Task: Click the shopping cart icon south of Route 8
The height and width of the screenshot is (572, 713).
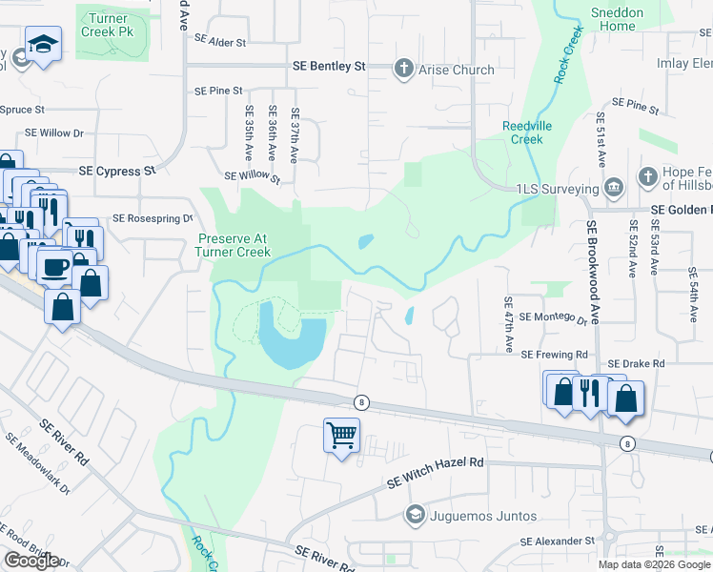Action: pos(341,435)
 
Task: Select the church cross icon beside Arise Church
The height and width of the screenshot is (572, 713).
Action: pos(403,69)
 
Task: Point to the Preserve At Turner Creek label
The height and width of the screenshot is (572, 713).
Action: pos(234,245)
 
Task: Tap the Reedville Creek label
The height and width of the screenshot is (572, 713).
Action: pos(522,133)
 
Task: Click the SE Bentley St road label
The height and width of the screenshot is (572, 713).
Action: pos(328,67)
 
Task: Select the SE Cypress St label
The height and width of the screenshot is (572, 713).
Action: pos(116,171)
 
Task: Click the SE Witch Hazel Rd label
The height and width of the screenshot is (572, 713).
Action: pos(436,473)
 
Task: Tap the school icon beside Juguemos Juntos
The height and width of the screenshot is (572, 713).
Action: pos(415,516)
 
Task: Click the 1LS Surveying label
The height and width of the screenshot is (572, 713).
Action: pos(555,188)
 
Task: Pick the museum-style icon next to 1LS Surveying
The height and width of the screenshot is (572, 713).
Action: pos(615,186)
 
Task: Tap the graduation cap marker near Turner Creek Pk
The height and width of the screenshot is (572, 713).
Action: pos(43,46)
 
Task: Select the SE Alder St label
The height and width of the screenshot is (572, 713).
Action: pos(219,42)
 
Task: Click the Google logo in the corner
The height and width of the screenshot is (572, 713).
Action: pos(31,561)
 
